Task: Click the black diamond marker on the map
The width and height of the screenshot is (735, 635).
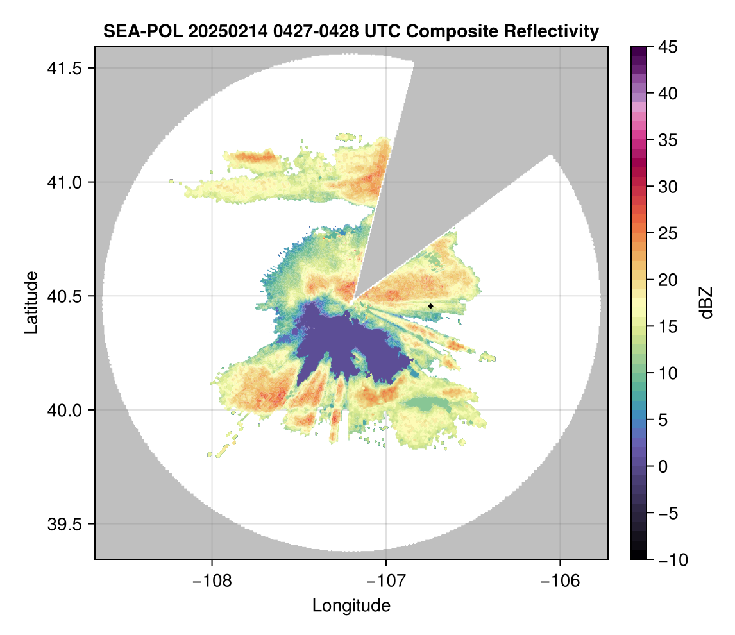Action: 431,306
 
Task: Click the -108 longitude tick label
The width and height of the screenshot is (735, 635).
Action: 212,581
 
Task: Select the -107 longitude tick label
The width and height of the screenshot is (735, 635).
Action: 386,581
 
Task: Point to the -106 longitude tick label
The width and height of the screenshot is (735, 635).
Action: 561,581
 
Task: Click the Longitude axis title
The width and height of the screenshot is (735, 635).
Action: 351,605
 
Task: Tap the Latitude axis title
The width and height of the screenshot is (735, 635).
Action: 31,301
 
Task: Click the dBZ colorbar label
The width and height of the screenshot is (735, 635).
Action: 706,303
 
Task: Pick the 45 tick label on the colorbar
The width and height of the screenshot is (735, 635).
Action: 668,47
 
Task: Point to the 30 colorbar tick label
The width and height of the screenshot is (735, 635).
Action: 668,187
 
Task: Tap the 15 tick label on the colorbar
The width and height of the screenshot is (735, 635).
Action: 668,326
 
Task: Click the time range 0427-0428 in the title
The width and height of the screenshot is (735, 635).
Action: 294,31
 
